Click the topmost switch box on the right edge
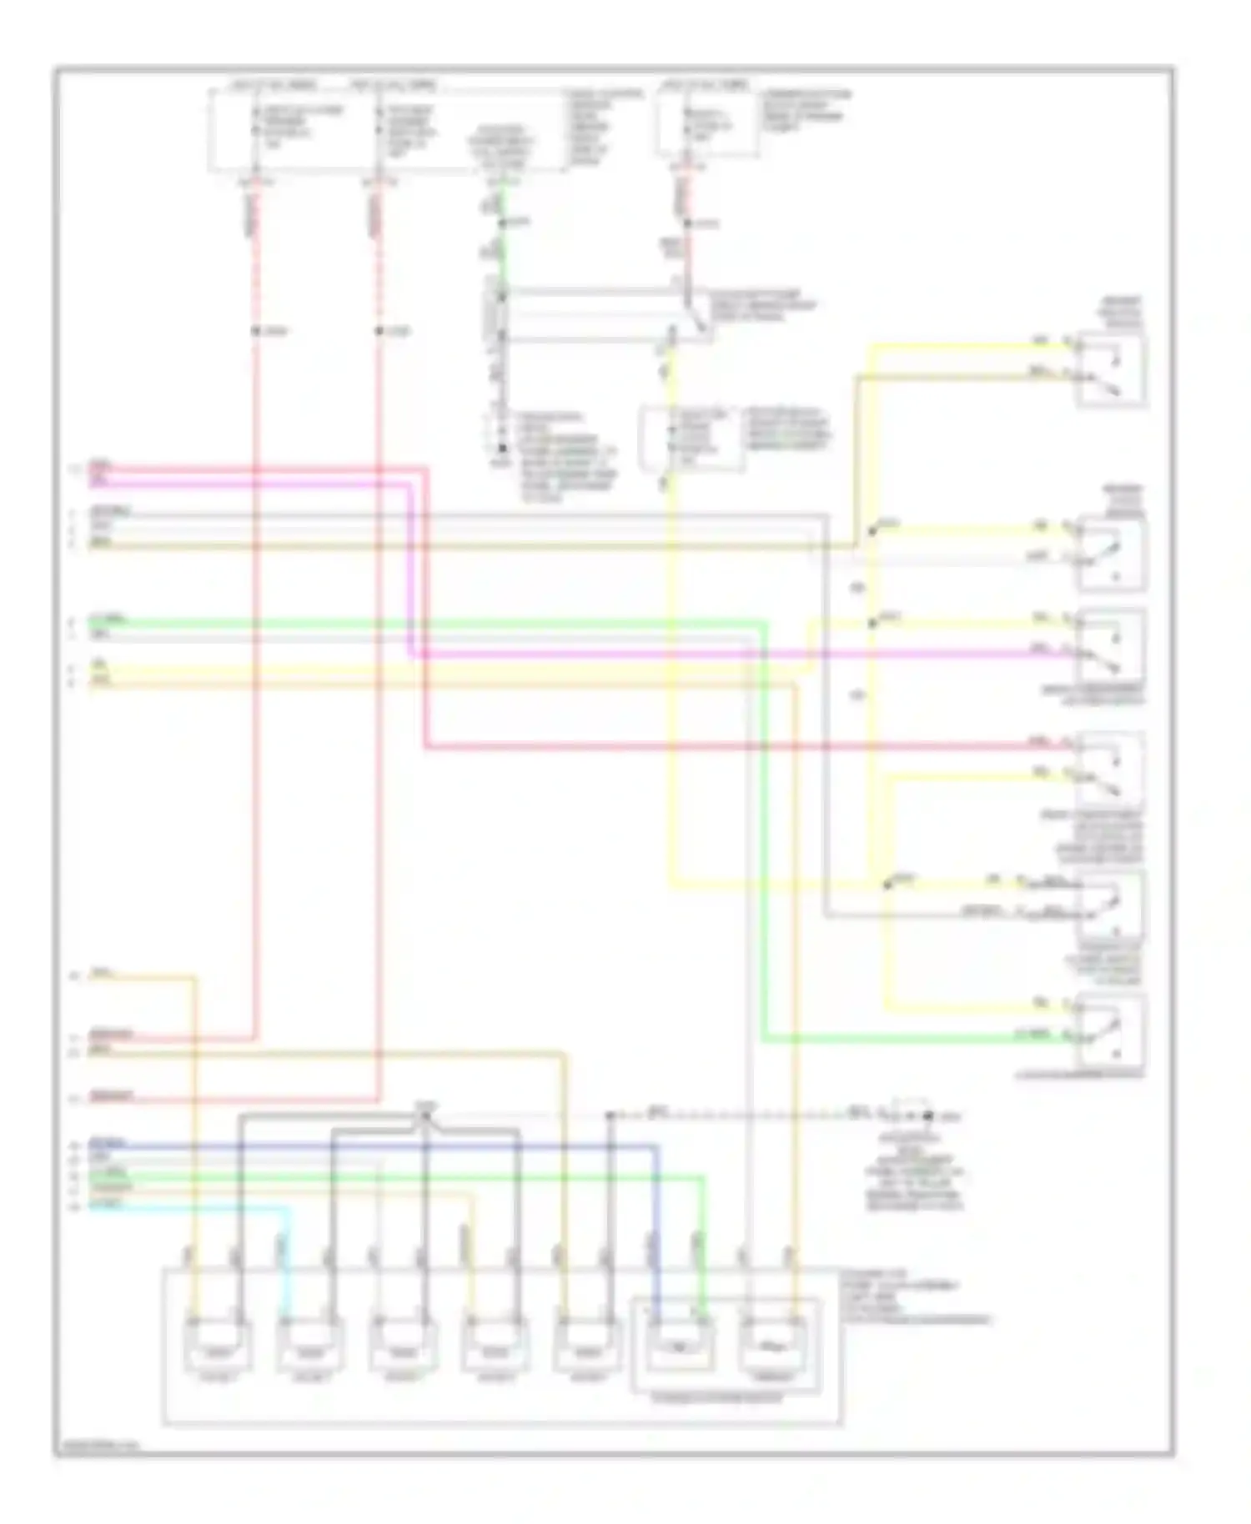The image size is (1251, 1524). click(x=1111, y=370)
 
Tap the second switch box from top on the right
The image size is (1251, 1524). click(x=1111, y=554)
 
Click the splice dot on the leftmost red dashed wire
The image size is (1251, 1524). click(x=256, y=331)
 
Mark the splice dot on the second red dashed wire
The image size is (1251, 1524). click(x=379, y=331)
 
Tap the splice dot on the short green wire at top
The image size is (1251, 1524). click(x=503, y=223)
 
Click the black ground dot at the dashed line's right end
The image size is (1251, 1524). click(x=927, y=1115)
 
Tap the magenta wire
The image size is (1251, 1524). click(x=584, y=654)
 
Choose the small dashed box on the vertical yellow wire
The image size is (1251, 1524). click(x=691, y=438)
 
